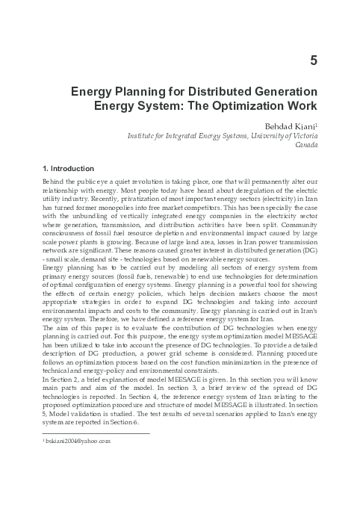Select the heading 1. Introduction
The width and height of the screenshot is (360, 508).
click(x=69, y=169)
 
